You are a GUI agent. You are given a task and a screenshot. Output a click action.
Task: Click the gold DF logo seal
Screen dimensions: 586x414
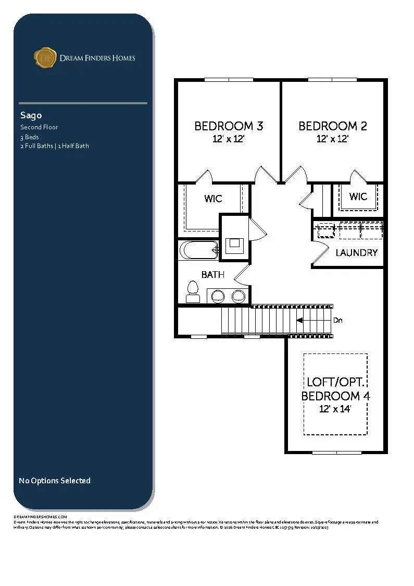tap(45, 57)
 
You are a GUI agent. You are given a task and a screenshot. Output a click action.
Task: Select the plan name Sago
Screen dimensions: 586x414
tap(31, 115)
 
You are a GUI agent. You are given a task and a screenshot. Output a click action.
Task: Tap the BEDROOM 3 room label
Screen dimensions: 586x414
tap(229, 126)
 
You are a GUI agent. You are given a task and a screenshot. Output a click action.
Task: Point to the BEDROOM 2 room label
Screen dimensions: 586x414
tap(333, 126)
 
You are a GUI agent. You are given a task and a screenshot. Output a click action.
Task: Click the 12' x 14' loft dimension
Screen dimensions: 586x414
tap(335, 409)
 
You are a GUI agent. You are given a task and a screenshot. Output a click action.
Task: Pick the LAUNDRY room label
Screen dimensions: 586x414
tap(356, 253)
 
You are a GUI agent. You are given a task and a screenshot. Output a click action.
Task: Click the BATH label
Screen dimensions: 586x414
tap(213, 275)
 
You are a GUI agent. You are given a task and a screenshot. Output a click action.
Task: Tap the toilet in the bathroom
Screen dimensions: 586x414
tap(193, 291)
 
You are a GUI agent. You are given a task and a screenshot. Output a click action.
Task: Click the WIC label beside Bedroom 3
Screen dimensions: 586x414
tap(213, 199)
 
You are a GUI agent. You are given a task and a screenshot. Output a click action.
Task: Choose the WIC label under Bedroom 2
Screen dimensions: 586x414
tap(358, 197)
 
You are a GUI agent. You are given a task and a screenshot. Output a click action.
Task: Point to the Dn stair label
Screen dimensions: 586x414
tap(338, 321)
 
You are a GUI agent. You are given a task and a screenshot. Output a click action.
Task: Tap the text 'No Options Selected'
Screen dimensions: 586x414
tap(55, 481)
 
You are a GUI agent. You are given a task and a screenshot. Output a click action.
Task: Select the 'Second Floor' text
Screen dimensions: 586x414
tap(39, 127)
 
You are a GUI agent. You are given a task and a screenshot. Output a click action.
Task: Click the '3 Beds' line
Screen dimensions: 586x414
tap(30, 137)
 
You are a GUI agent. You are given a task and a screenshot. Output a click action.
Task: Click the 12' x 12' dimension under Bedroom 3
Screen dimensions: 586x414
tap(229, 139)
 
